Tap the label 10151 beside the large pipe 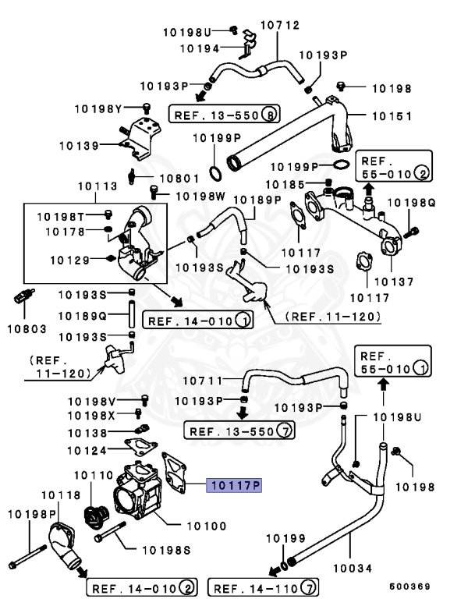pos(391,115)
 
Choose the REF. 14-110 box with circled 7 pos(265,587)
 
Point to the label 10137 pos(395,281)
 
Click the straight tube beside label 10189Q pos(132,316)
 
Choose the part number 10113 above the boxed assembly pos(97,186)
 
